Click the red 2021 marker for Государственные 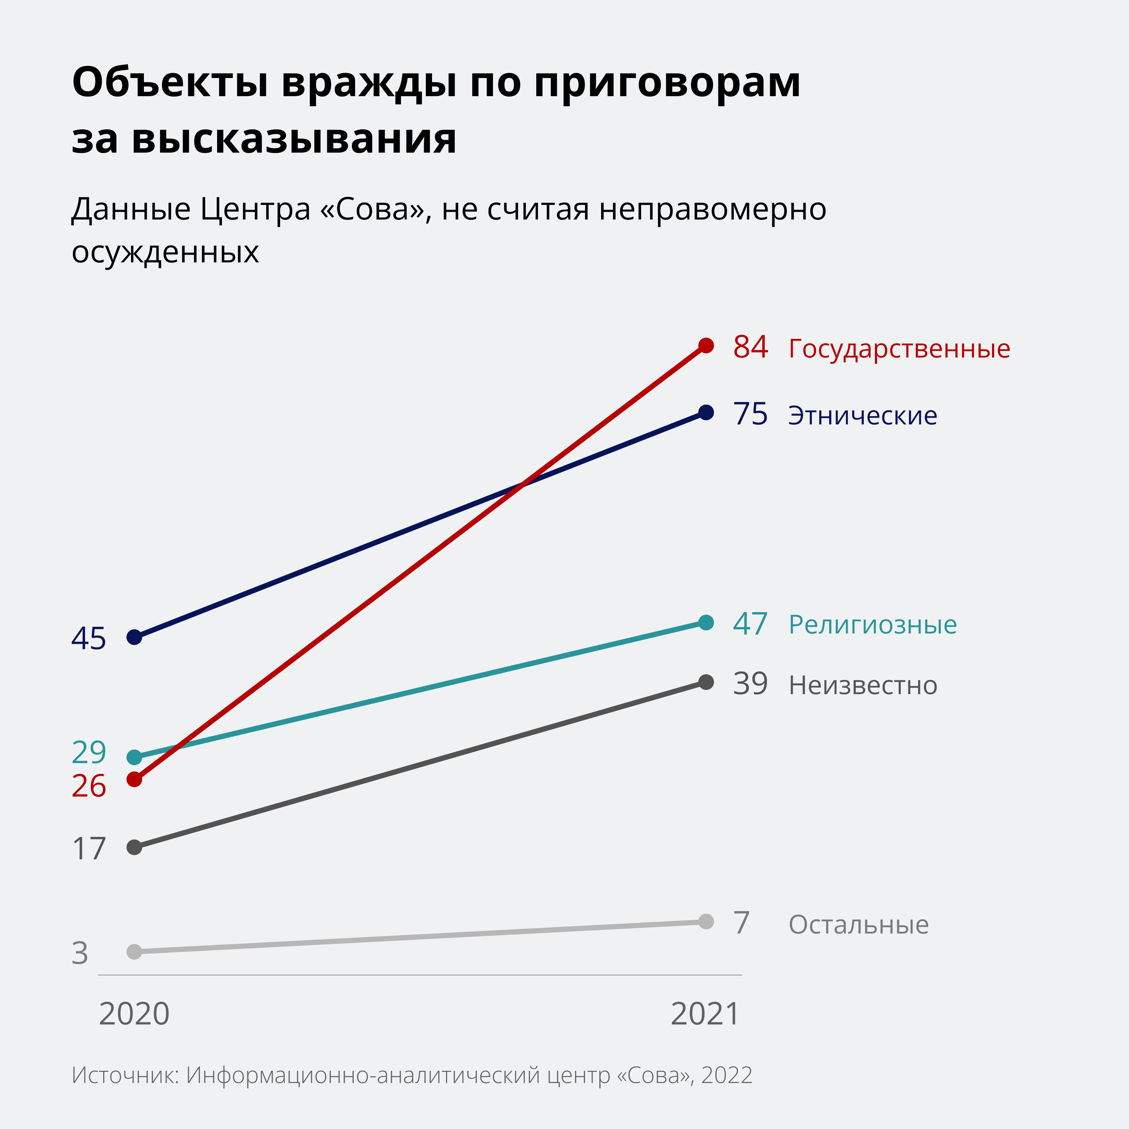706,345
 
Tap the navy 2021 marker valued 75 706,413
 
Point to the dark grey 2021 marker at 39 706,682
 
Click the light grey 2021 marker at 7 706,922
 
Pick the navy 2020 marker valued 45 135,637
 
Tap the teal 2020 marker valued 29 135,757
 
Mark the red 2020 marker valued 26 135,779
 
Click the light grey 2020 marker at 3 135,952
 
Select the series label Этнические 862,415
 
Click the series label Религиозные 873,625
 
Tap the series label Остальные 859,924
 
